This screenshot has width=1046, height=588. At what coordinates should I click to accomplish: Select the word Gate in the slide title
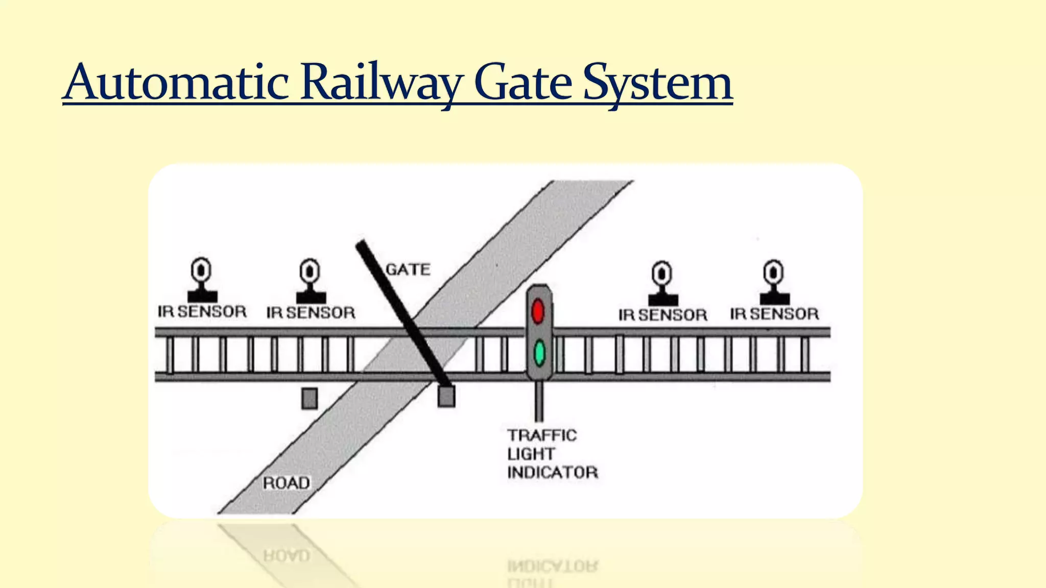click(x=522, y=83)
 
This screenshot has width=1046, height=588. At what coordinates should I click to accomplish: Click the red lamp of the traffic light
click(x=538, y=311)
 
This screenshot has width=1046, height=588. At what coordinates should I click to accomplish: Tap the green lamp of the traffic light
click(x=539, y=353)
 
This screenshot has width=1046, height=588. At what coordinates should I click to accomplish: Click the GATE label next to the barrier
click(x=408, y=269)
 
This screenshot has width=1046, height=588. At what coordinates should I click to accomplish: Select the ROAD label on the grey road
click(x=286, y=483)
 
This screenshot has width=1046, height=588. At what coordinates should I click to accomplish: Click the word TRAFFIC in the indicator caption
click(x=542, y=435)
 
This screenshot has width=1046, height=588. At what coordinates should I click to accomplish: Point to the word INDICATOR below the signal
click(x=552, y=473)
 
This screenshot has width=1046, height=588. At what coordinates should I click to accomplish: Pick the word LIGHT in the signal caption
click(x=531, y=454)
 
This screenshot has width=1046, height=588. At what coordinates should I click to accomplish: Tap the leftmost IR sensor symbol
click(x=202, y=280)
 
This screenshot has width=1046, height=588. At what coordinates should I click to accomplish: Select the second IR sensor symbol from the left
click(x=310, y=281)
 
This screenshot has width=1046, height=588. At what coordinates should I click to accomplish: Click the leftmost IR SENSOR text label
click(x=202, y=312)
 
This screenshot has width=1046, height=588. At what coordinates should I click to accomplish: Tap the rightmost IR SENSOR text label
click(x=774, y=314)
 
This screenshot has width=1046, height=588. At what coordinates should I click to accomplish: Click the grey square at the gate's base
click(x=446, y=397)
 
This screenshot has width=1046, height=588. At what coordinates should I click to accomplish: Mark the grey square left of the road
click(x=310, y=398)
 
